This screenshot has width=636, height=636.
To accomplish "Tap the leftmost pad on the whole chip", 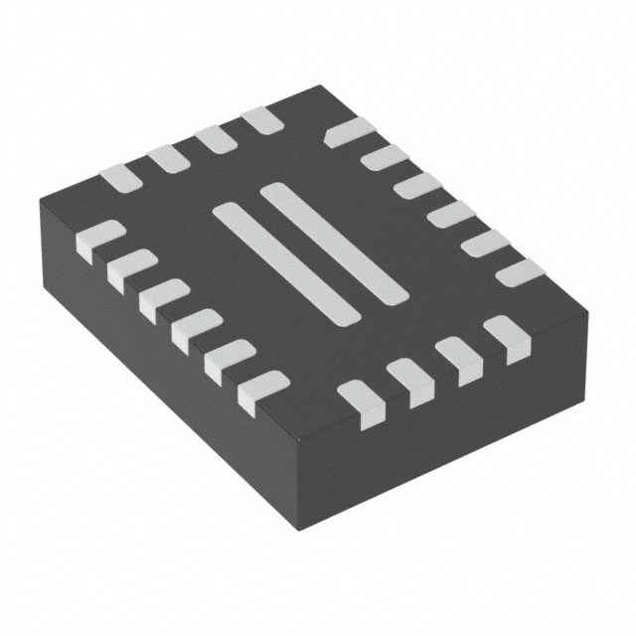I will [x=98, y=241].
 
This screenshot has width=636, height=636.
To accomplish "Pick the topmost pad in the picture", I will [x=262, y=120].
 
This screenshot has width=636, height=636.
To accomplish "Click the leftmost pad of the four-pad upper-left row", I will [x=120, y=177].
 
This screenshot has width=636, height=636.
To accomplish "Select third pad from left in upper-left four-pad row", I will [x=215, y=139].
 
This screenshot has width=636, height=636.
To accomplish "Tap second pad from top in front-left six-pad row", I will [x=131, y=270].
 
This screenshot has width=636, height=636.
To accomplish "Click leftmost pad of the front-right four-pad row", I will [x=361, y=397].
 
